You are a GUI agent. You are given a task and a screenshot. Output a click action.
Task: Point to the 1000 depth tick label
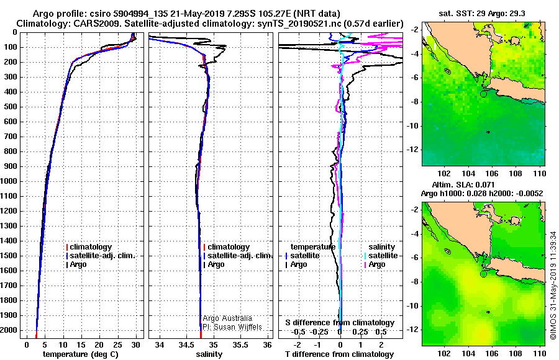(x=11, y=181)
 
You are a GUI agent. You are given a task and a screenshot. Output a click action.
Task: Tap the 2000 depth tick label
(x=11, y=330)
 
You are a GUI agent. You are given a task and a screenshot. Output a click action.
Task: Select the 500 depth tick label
(x=13, y=107)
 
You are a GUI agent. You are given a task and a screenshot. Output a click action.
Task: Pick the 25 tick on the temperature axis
(x=117, y=344)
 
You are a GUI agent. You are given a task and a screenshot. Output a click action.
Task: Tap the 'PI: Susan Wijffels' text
(x=231, y=327)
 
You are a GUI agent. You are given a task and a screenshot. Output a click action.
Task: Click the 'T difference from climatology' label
(x=339, y=354)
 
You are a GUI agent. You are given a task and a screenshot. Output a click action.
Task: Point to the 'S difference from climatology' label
(x=339, y=323)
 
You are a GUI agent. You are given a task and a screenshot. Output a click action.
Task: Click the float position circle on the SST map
(x=483, y=94)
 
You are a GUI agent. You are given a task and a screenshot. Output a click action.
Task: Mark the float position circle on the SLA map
(x=483, y=274)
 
